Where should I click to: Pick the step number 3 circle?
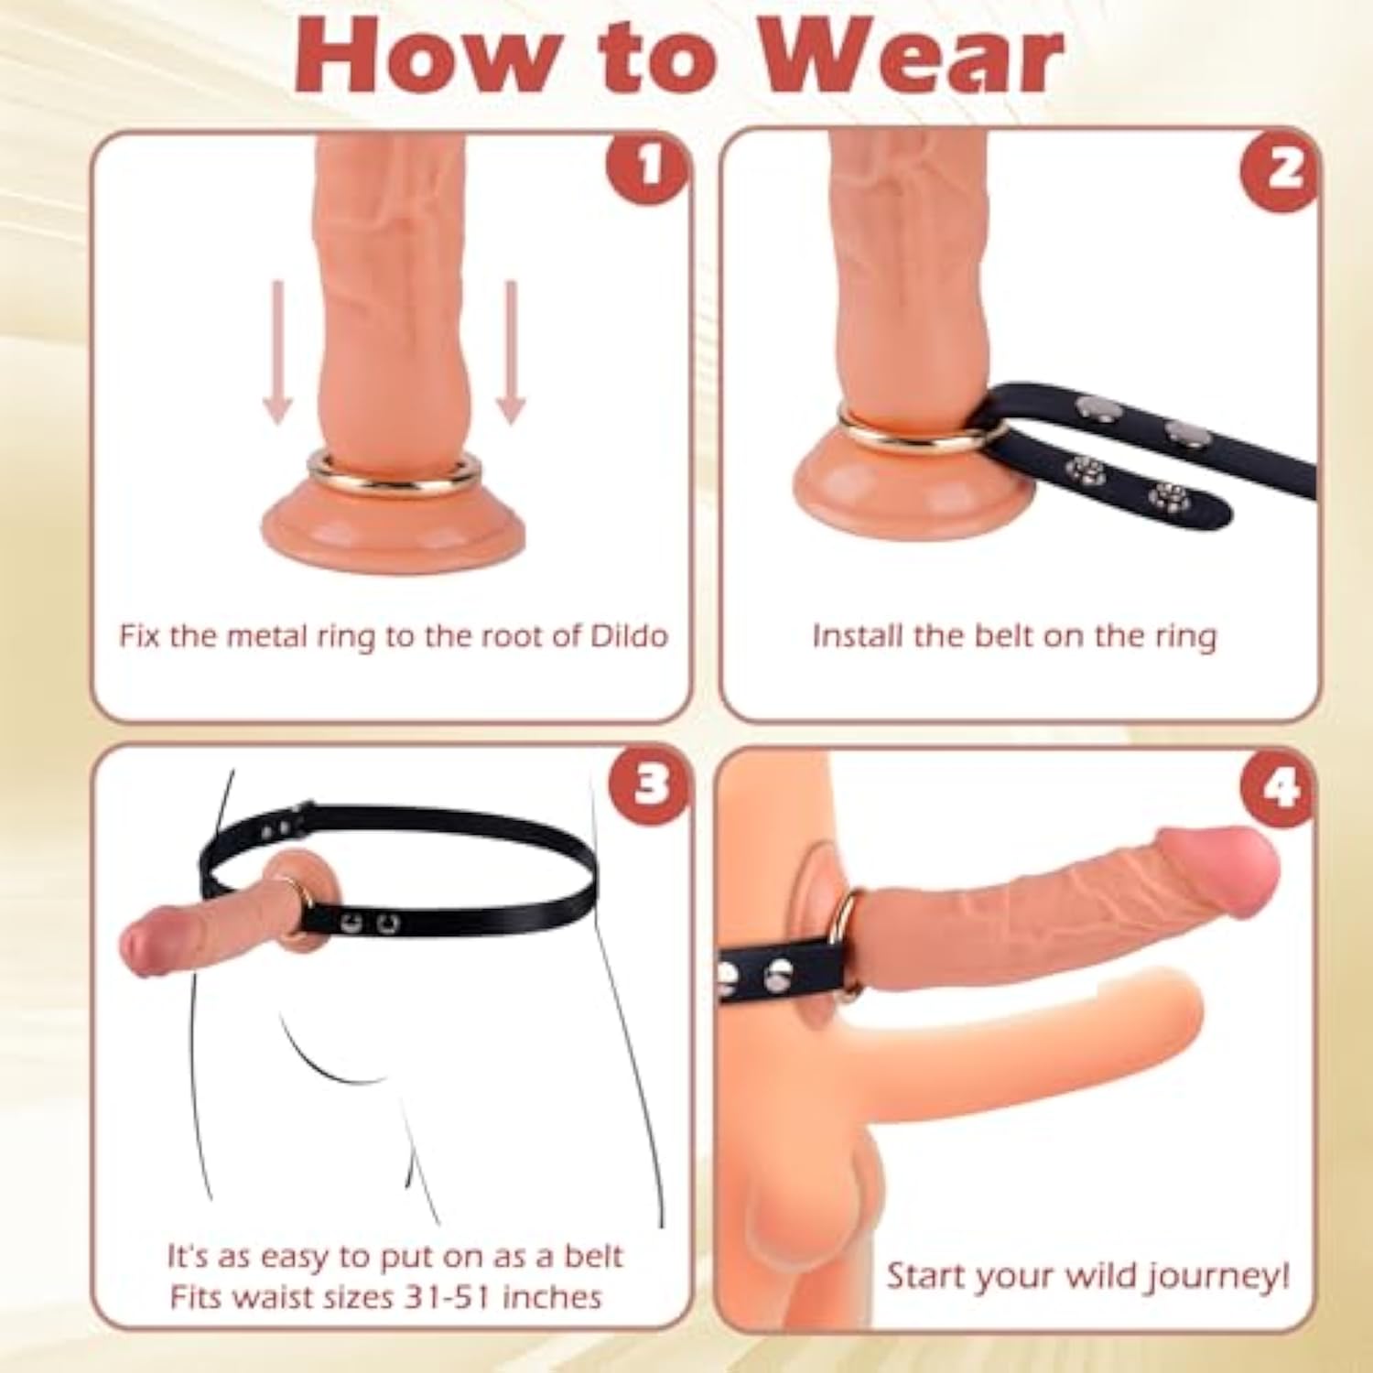651,784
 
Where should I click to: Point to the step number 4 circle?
1280,786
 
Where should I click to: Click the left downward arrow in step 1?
278,352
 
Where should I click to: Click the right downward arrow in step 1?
511,352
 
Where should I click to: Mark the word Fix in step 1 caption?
140,636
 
